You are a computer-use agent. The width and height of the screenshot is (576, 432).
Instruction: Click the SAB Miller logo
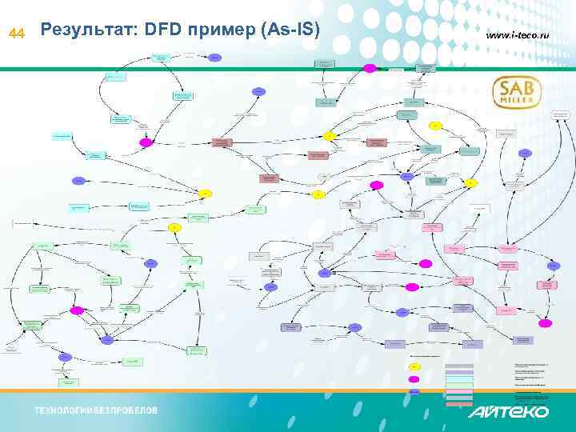pyautogui.click(x=517, y=92)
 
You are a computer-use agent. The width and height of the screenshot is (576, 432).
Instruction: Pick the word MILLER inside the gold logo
pyautogui.click(x=517, y=102)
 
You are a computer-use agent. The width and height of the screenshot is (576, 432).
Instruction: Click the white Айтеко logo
pyautogui.click(x=508, y=411)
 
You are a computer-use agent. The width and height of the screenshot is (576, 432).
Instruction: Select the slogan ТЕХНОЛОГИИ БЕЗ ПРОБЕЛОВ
pyautogui.click(x=95, y=410)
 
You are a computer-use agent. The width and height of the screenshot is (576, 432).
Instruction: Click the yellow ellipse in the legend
pyautogui.click(x=414, y=366)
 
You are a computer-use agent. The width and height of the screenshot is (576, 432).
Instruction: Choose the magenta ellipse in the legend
pyautogui.click(x=414, y=378)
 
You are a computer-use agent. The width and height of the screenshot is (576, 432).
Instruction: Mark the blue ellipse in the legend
pyautogui.click(x=414, y=391)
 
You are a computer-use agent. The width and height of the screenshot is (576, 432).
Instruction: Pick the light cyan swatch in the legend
pyautogui.click(x=459, y=378)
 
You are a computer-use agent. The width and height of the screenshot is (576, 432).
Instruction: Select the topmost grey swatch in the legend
pyautogui.click(x=459, y=366)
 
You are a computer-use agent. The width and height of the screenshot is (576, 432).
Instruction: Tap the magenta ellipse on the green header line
pyautogui.click(x=370, y=68)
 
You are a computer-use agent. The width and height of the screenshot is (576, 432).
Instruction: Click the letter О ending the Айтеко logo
pyautogui.click(x=539, y=411)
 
